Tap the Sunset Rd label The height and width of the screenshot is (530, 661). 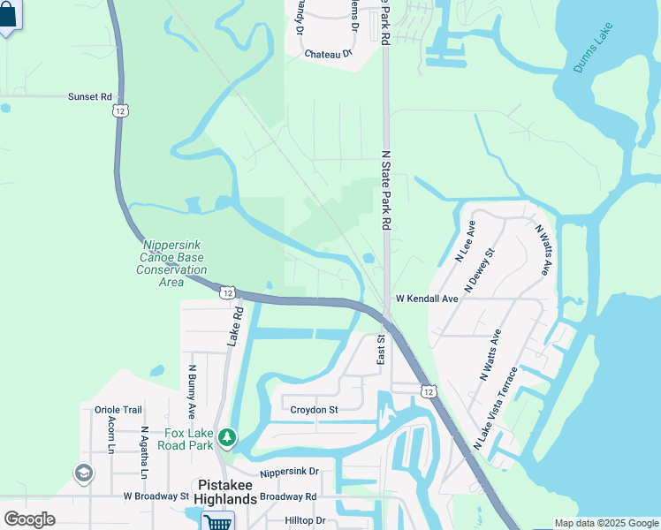point(90,96)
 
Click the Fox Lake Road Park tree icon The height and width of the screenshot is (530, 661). point(228,436)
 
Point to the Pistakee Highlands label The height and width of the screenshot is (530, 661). point(226,491)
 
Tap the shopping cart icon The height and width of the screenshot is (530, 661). point(217,521)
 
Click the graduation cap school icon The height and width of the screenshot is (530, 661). point(84,473)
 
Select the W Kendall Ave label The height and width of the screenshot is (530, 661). point(427,299)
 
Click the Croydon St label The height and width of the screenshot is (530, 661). point(315,410)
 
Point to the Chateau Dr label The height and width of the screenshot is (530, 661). point(328,54)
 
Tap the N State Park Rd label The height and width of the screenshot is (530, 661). point(385,190)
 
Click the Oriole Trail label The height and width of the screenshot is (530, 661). point(118,410)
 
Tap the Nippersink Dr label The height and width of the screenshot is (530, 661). point(289,473)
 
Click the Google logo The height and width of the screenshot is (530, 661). point(29,519)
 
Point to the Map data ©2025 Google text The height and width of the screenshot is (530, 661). point(605,523)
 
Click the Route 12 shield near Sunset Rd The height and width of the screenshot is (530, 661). point(120,110)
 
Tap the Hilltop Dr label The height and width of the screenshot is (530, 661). point(305,521)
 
